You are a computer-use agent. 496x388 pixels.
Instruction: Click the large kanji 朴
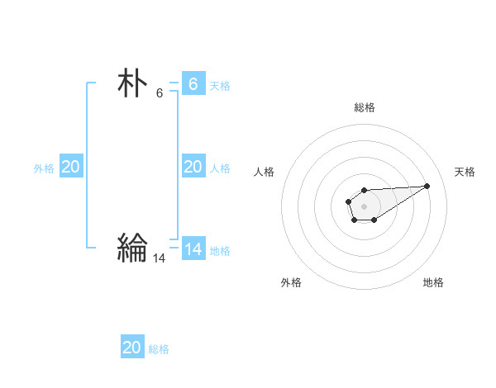pos(132,84)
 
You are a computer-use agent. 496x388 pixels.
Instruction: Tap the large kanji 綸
pos(132,247)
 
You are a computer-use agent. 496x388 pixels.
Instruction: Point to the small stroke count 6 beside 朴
pos(160,92)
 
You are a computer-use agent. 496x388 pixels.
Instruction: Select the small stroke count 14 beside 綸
pos(160,258)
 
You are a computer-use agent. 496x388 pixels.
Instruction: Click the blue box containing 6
pos(193,84)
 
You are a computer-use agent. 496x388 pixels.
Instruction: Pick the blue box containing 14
pos(193,248)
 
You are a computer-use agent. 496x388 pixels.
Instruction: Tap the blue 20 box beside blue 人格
pos(193,167)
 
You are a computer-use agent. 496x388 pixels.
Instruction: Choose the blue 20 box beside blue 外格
pos(70,167)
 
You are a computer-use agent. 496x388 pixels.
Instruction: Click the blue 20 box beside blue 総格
pos(132,348)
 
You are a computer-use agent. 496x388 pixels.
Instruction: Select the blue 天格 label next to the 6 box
pos(220,85)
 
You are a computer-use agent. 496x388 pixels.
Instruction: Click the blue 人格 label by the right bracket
pos(220,168)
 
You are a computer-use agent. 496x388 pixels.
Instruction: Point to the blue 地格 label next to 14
pos(220,250)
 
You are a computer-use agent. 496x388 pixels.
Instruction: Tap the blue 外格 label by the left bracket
pos(44,168)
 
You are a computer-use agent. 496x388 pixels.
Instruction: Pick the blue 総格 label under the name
pos(159,349)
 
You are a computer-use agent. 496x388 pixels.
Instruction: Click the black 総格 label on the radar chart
pos(365,107)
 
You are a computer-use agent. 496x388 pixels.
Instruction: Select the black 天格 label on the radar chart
pos(465,172)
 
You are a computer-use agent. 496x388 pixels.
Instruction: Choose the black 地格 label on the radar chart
pos(433,282)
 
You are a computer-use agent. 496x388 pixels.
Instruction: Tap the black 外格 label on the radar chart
pos(291,282)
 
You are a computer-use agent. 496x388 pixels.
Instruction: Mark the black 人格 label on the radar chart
pos(265,172)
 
